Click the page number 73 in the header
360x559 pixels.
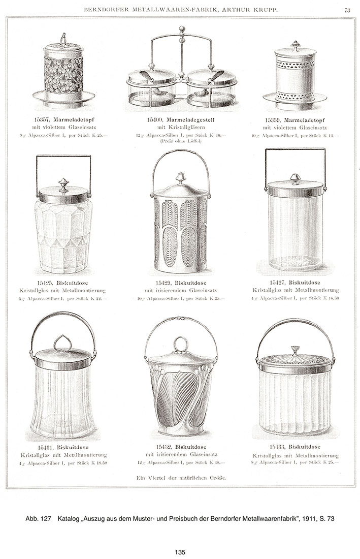tap(347, 9)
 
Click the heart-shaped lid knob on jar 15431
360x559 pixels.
tap(63, 343)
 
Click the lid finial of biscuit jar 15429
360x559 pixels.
tap(180, 178)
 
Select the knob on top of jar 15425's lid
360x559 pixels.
tap(63, 184)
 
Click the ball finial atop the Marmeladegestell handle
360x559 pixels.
tap(181, 30)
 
